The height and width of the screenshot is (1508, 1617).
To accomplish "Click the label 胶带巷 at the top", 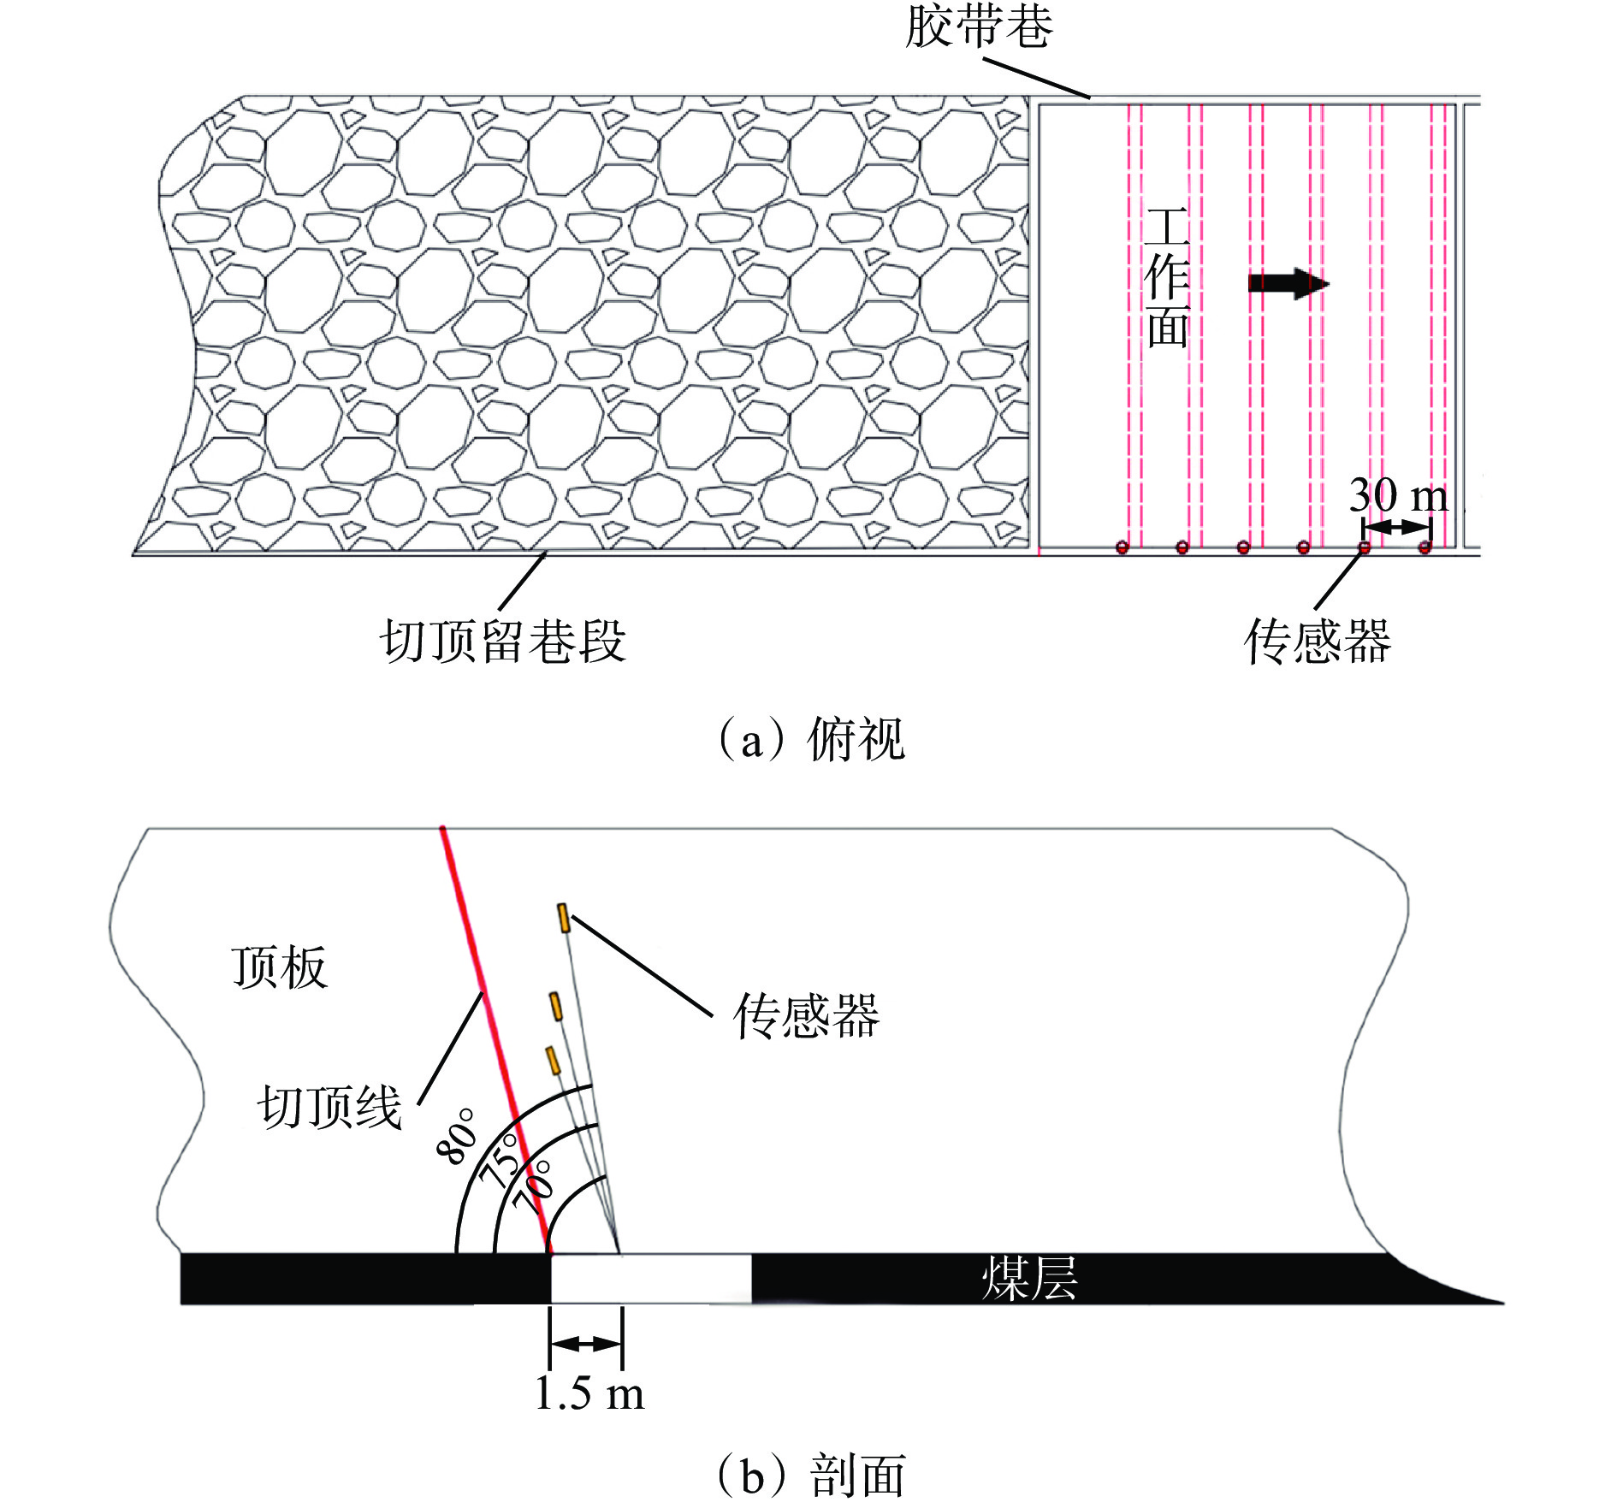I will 979,27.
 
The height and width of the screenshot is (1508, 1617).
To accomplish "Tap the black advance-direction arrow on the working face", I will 1288,283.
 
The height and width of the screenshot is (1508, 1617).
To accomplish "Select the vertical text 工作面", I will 1168,278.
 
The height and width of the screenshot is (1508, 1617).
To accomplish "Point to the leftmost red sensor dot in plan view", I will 1122,547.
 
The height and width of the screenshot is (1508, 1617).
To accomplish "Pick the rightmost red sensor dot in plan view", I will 1424,547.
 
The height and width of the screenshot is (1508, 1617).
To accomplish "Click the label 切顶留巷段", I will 503,641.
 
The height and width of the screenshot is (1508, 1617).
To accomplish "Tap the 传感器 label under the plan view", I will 1318,642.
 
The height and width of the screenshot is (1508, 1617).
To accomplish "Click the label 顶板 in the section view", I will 280,967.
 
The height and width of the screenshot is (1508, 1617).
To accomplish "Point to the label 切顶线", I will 330,1107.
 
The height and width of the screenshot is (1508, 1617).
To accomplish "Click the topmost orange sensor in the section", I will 563,918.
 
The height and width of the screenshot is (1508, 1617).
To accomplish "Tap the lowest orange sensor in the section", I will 553,1059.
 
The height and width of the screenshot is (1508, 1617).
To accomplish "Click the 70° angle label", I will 533,1187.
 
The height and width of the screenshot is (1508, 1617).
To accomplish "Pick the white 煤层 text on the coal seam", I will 1029,1279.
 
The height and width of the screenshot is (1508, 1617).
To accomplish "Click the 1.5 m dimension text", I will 589,1393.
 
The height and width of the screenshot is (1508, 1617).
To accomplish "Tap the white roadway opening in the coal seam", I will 650,1278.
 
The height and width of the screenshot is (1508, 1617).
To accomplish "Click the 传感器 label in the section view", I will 806,1016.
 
